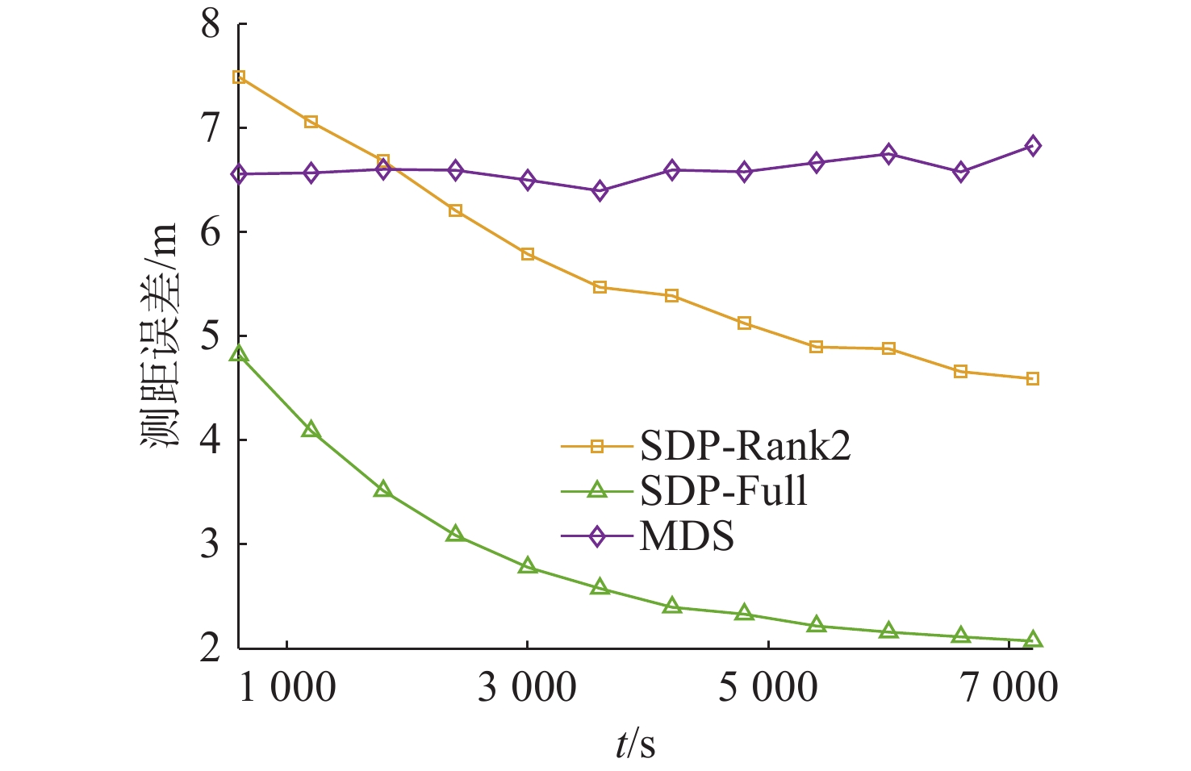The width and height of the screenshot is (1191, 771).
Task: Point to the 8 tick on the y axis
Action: [210, 24]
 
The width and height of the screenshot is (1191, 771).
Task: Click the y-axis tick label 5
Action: [210, 336]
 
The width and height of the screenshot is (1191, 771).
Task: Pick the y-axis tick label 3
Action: [210, 544]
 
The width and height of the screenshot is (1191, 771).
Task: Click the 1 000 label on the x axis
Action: [287, 688]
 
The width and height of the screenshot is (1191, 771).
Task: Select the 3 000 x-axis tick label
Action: [527, 688]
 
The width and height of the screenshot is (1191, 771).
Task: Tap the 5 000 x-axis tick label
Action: [767, 688]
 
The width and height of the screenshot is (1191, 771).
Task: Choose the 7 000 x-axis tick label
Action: [1009, 688]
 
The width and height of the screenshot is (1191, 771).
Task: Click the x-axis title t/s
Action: [635, 744]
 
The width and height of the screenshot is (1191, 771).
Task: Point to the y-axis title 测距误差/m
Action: [160, 336]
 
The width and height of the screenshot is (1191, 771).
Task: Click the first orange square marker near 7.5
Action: [239, 77]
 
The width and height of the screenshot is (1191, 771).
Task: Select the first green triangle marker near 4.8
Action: [239, 353]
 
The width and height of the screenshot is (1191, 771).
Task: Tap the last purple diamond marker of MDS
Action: [1032, 146]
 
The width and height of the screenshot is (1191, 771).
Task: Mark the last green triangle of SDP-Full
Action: [1032, 640]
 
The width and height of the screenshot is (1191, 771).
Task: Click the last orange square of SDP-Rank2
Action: [1032, 379]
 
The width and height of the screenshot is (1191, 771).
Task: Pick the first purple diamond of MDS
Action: [239, 174]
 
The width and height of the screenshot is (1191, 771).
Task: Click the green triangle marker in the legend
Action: [597, 490]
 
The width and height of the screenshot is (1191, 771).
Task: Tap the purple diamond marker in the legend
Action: [597, 536]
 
